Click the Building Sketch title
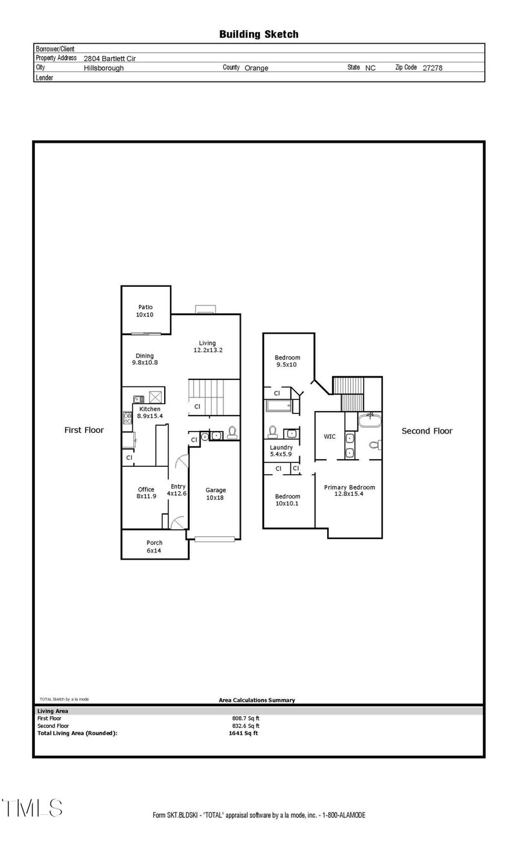[259, 35]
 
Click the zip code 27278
[432, 68]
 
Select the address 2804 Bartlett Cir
[109, 59]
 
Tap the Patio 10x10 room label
[145, 311]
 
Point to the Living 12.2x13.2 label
[208, 347]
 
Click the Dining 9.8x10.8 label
[145, 359]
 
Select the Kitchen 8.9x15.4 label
[150, 412]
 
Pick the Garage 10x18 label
[215, 494]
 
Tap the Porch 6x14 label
[154, 547]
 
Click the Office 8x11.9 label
[146, 493]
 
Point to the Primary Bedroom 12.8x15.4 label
[350, 491]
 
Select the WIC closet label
[330, 436]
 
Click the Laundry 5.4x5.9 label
[281, 451]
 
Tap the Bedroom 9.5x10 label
[287, 361]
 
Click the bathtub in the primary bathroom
[370, 420]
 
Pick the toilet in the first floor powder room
[232, 432]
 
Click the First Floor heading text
[84, 430]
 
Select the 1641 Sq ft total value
[243, 733]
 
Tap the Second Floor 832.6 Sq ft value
[245, 725]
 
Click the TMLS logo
[32, 808]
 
